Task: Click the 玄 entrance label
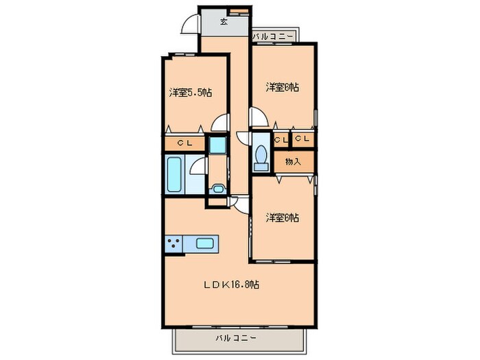point(224,21)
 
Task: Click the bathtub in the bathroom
point(174,176)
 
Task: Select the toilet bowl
point(261,156)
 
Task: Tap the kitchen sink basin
point(206,242)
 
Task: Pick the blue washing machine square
point(217,145)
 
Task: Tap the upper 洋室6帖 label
point(283,87)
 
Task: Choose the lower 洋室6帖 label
point(283,217)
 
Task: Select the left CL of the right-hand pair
point(280,139)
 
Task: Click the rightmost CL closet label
point(303,139)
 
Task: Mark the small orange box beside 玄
point(239,11)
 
